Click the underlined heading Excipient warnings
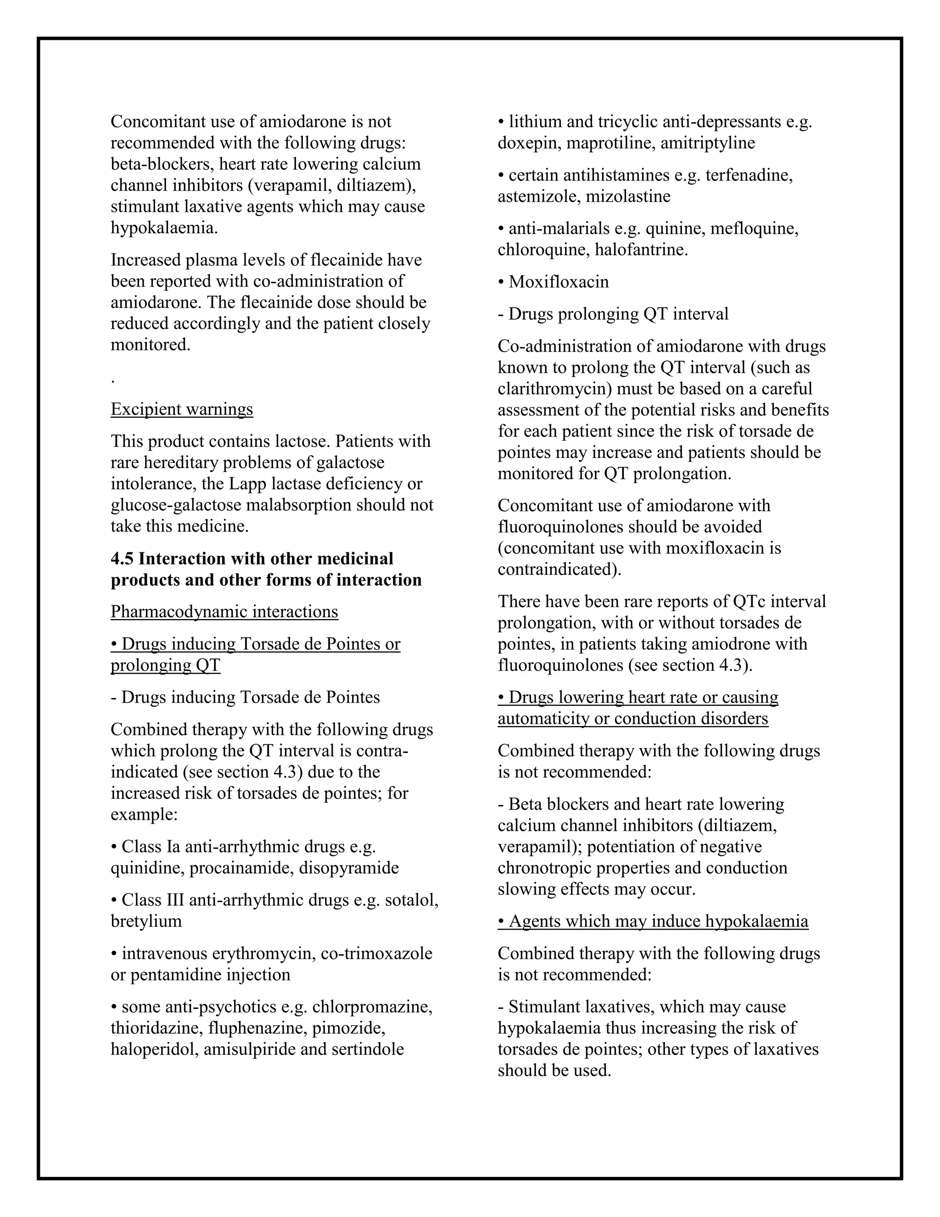click(x=182, y=409)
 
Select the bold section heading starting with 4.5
click(x=266, y=569)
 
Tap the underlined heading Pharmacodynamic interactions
click(x=224, y=611)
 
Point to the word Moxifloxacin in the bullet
click(x=559, y=282)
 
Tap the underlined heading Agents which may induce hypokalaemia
click(x=653, y=921)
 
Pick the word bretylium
click(x=146, y=921)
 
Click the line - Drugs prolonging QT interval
click(x=613, y=314)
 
